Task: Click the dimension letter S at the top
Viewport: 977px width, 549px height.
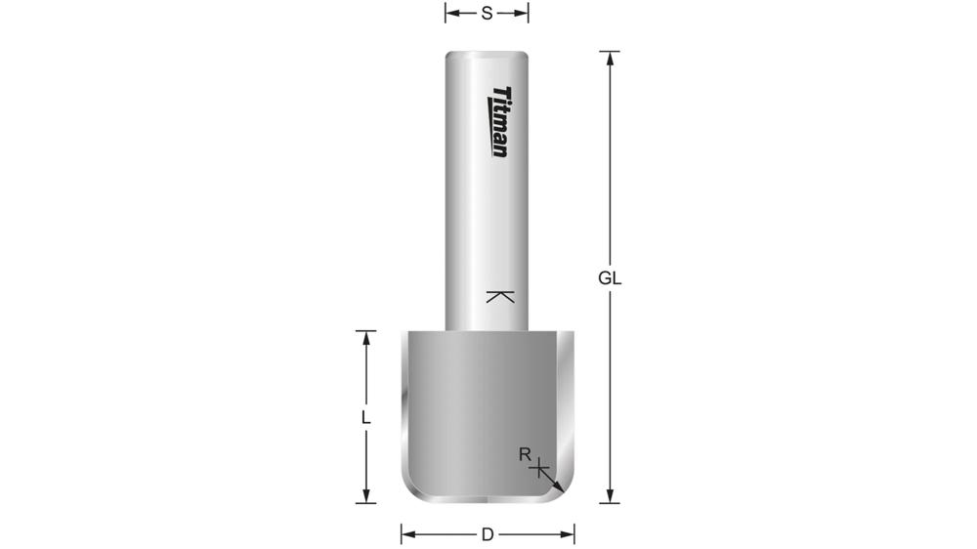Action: point(487,13)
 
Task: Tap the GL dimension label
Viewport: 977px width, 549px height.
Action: point(610,277)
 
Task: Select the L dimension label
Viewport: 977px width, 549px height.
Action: point(365,417)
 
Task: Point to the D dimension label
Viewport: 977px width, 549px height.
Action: point(487,534)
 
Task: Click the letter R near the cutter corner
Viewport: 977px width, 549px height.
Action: point(525,454)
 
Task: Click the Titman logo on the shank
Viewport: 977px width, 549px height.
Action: point(499,121)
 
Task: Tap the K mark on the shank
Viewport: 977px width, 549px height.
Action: point(499,296)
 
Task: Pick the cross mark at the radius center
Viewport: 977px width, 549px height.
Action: point(538,470)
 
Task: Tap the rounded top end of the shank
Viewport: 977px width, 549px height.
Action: point(487,55)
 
